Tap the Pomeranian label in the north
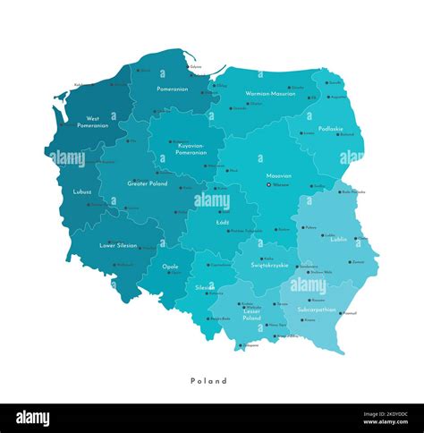pos(172,89)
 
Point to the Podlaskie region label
pos(330,129)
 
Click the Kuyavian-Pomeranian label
pos(191,149)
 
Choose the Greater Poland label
pos(148,183)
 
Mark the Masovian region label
pos(278,176)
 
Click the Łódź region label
pos(223,220)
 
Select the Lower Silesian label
pos(118,244)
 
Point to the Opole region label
pos(171,266)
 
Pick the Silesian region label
pos(205,287)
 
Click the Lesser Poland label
pos(251,314)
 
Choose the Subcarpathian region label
pos(315,310)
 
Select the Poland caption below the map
pos(208,380)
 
